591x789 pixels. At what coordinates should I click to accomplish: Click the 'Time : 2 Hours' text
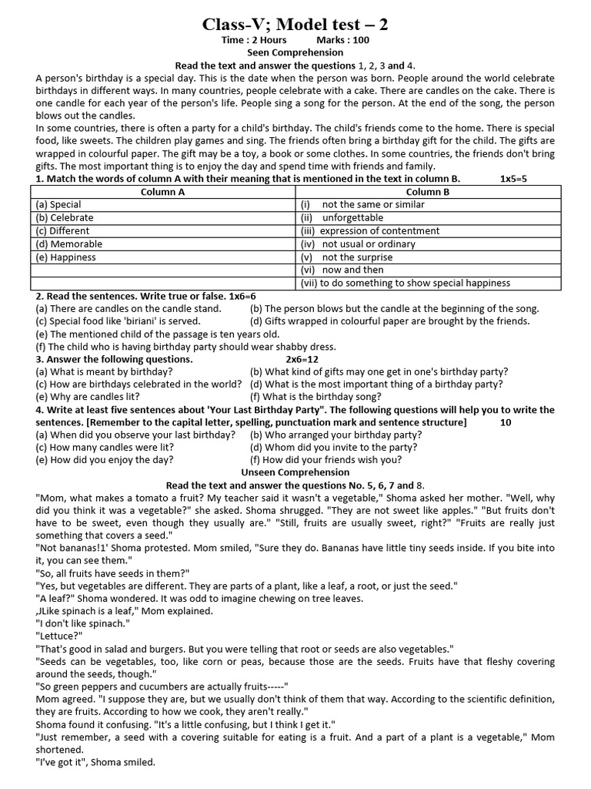[x=255, y=40]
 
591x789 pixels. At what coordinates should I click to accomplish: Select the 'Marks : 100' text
[x=342, y=40]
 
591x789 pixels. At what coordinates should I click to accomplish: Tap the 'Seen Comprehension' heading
[x=295, y=53]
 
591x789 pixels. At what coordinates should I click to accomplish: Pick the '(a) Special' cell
[x=58, y=205]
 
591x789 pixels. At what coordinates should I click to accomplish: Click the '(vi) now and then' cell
[x=342, y=270]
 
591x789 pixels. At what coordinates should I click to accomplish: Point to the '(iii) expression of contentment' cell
[x=370, y=231]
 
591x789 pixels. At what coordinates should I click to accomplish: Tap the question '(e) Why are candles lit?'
[x=87, y=397]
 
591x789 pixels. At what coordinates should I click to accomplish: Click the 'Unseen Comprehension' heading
[x=295, y=472]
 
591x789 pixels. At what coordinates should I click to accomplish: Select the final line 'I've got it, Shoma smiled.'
[x=95, y=763]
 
